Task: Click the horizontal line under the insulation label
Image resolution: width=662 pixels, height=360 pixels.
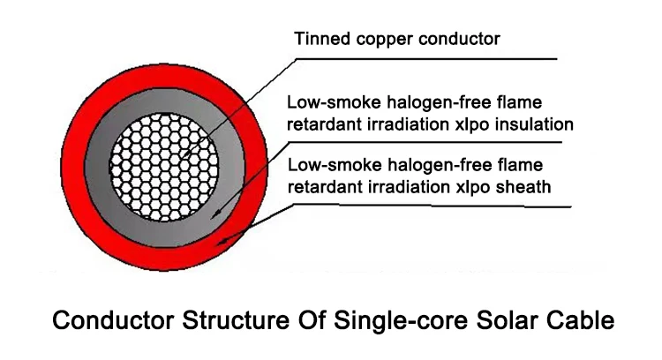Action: point(459,141)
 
